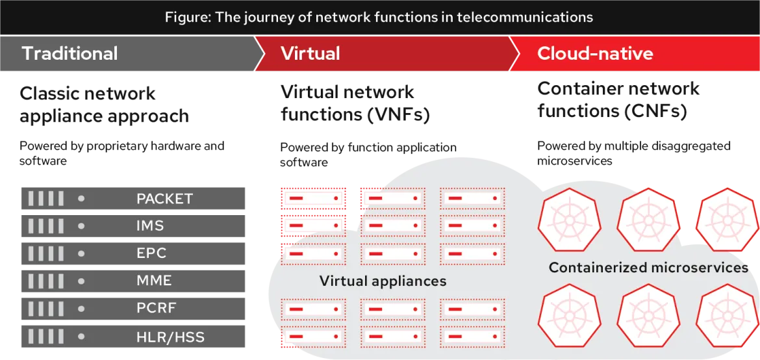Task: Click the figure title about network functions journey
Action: coord(379,18)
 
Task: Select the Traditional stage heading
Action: coord(70,53)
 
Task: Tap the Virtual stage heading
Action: coord(310,53)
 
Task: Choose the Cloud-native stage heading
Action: coord(594,53)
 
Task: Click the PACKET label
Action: coord(164,199)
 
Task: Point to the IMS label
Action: coord(150,226)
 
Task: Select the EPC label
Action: coord(151,253)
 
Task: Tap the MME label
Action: coord(154,281)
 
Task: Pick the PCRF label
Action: coord(156,308)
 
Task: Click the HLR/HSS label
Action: coord(170,337)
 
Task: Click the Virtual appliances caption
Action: coord(383,281)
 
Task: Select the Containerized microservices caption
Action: coord(648,268)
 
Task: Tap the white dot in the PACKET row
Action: coord(81,199)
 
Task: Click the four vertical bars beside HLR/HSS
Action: coord(45,337)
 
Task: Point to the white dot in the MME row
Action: coord(81,281)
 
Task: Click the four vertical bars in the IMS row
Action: coord(45,226)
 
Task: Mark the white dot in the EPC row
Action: coord(81,253)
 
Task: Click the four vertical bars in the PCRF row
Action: coord(45,308)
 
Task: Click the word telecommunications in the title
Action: coord(524,18)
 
